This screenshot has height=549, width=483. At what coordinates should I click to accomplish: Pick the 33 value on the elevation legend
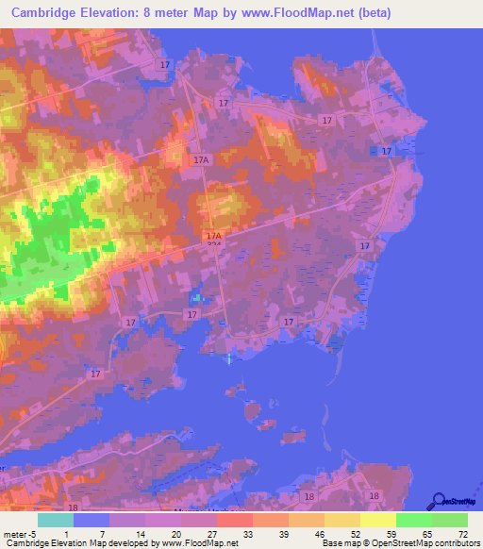click(247, 532)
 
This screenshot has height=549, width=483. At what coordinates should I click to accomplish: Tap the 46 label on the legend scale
click(319, 532)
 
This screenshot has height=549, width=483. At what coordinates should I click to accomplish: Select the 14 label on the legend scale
click(140, 532)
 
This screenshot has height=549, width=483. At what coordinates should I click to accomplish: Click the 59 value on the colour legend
click(391, 532)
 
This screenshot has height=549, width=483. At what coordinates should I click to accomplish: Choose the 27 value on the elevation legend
click(211, 532)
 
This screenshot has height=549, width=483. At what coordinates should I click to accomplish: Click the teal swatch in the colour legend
click(56, 519)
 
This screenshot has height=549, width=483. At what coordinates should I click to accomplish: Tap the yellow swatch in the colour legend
click(378, 519)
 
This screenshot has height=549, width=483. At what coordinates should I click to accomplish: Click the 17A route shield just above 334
click(214, 236)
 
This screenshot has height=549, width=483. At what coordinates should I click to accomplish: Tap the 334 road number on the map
click(214, 244)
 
